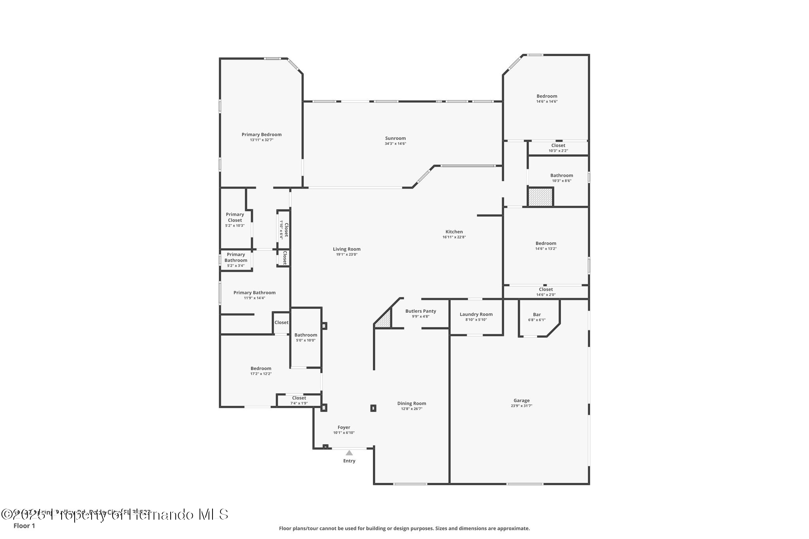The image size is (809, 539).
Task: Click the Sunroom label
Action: (x=395, y=138)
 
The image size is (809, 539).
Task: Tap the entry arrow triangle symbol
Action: (x=349, y=453)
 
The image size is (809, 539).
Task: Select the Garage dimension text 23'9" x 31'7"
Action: (x=521, y=406)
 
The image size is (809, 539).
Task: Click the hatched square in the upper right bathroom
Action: (x=540, y=197)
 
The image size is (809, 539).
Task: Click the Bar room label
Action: (x=537, y=315)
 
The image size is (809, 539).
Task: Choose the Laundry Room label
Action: (x=476, y=314)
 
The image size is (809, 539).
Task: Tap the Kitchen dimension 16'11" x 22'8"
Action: (x=454, y=237)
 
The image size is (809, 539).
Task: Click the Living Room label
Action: (x=346, y=249)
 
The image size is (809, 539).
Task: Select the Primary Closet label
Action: (x=235, y=218)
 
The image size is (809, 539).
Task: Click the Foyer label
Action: (x=344, y=427)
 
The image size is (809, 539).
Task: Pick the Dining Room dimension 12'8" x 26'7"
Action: (x=412, y=409)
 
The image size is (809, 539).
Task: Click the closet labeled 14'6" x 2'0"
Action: (x=546, y=292)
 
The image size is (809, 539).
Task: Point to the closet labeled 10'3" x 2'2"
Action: (x=558, y=148)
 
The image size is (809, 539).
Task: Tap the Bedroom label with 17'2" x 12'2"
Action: (x=261, y=368)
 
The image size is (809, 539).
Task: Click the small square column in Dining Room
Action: (x=373, y=408)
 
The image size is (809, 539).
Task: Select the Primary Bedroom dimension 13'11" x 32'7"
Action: (x=262, y=140)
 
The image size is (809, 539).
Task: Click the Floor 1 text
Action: (x=24, y=526)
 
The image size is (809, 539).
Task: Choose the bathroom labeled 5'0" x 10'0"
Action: (x=306, y=337)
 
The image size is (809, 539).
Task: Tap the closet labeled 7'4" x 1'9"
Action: (x=299, y=400)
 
